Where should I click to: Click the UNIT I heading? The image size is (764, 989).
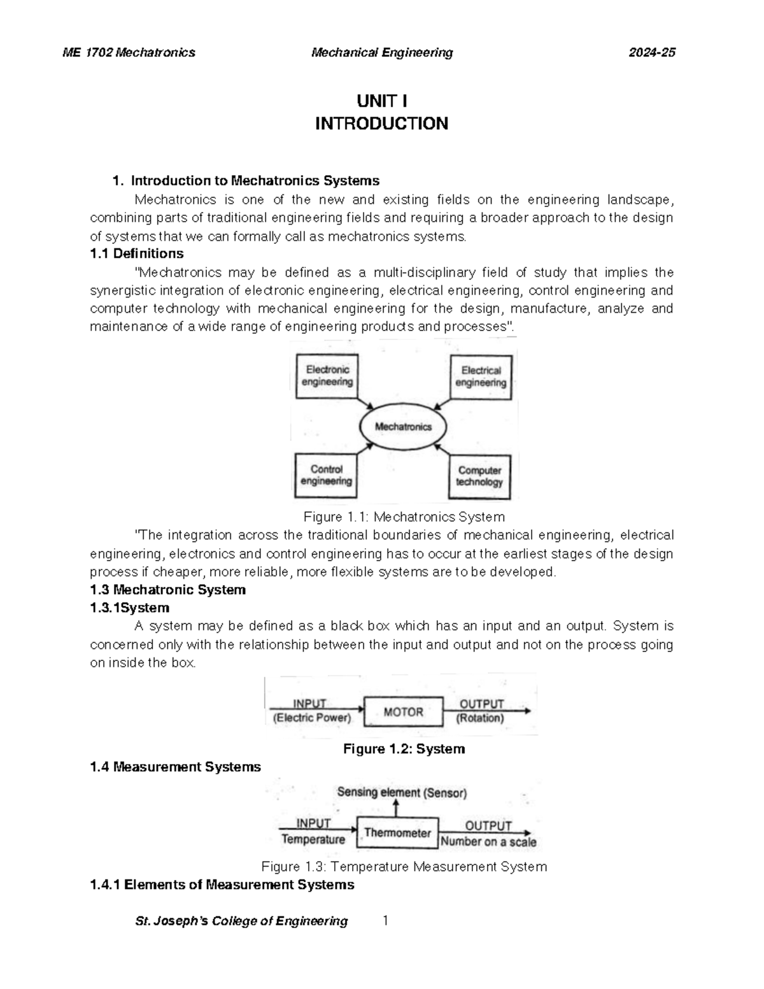(381, 101)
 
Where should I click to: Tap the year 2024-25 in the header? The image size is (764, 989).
(651, 53)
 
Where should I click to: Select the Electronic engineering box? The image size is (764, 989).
(327, 376)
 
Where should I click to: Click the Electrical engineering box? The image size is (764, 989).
(481, 376)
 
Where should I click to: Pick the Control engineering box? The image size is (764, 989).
(326, 475)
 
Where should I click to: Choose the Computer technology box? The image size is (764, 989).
(479, 476)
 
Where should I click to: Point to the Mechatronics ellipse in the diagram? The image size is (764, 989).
(403, 427)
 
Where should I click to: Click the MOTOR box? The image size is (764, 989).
(403, 712)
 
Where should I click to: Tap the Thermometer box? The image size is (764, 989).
(397, 833)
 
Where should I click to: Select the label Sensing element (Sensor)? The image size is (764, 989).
(402, 793)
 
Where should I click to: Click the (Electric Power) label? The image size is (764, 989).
(312, 718)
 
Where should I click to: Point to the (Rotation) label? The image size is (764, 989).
(480, 718)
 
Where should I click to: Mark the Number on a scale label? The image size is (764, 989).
(488, 841)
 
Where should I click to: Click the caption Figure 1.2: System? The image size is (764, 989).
(404, 749)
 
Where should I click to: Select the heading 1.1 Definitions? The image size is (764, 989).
(137, 253)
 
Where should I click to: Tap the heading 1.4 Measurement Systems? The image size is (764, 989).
(176, 767)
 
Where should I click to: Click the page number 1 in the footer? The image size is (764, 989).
(385, 920)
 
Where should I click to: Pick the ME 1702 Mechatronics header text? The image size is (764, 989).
(129, 53)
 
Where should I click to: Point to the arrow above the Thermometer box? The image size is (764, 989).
(397, 809)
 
